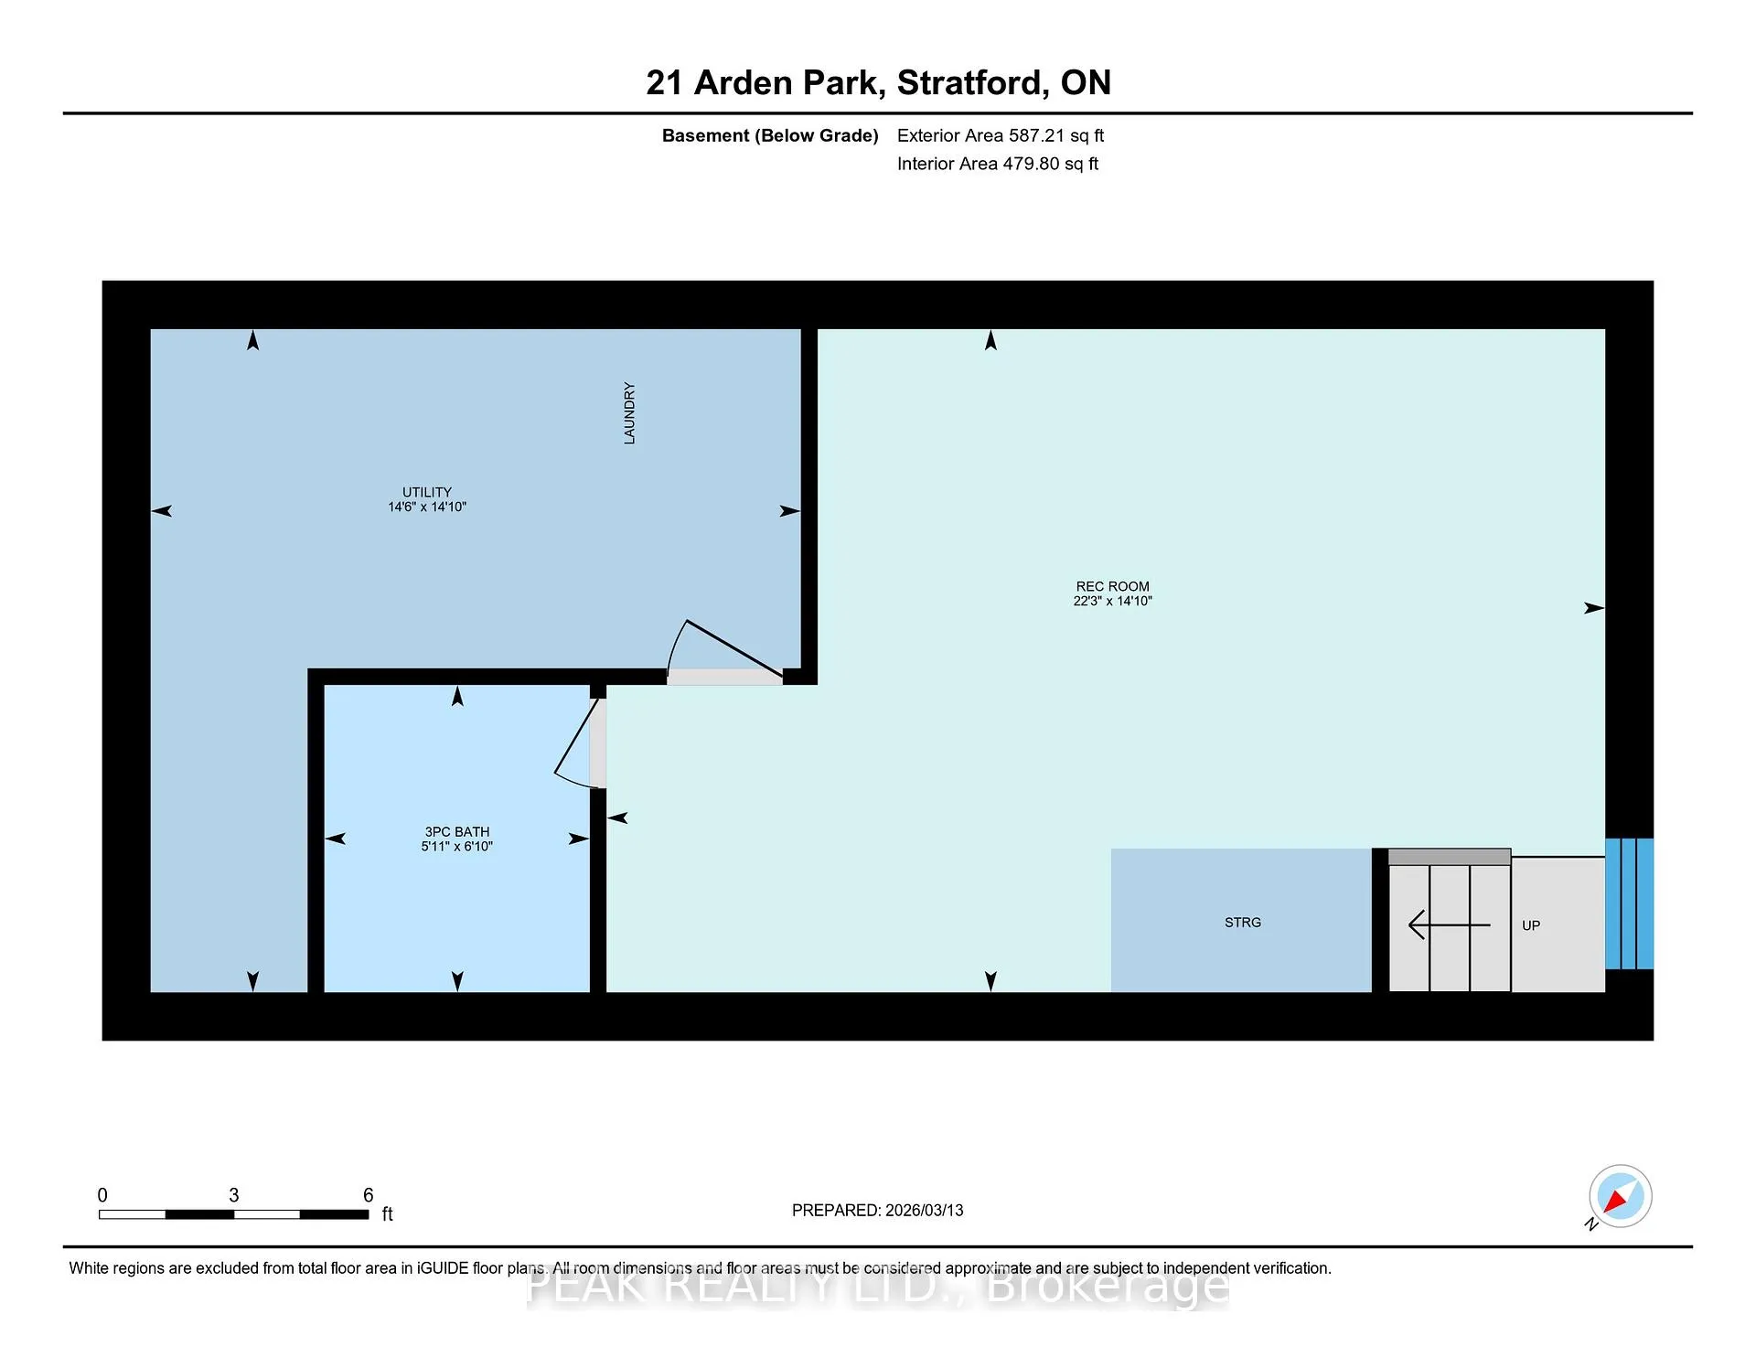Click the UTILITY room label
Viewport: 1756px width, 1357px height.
click(427, 492)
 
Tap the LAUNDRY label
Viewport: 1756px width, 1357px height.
click(629, 413)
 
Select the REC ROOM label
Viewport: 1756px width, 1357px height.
click(1113, 586)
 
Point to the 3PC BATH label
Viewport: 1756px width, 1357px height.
click(457, 831)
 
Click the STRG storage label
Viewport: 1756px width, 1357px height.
click(1243, 923)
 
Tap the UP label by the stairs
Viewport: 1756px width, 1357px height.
click(1531, 925)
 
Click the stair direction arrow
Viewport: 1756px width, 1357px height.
click(1450, 925)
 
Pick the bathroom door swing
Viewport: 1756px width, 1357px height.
click(576, 743)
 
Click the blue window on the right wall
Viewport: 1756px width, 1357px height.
click(1630, 903)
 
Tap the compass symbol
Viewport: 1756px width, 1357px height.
click(1620, 1196)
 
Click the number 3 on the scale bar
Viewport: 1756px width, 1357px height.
click(234, 1195)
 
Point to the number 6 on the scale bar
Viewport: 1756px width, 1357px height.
click(369, 1195)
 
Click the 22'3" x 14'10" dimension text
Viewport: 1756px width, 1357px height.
click(1113, 601)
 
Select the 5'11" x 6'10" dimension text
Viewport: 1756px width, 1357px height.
click(457, 846)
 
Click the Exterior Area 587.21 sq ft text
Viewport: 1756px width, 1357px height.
click(1001, 135)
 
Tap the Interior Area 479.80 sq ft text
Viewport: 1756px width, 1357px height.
click(998, 164)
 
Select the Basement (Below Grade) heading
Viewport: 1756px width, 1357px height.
click(770, 135)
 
